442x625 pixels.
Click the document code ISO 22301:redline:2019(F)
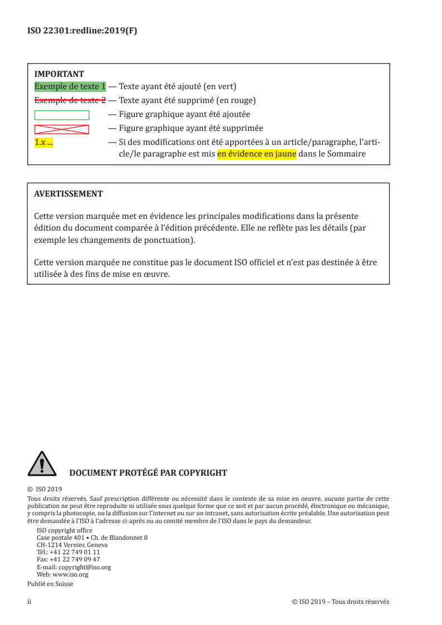click(82, 31)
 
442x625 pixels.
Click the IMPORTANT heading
click(59, 74)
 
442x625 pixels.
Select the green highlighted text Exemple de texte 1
click(70, 87)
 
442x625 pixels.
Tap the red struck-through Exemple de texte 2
click(70, 101)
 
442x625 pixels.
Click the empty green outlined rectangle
click(62, 115)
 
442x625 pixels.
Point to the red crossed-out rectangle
click(62, 129)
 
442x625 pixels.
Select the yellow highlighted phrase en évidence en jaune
click(256, 154)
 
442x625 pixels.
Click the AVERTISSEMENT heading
click(68, 194)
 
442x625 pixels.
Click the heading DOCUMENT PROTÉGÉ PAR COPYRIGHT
click(148, 473)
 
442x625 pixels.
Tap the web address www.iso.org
click(70, 574)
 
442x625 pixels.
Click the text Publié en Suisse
click(50, 584)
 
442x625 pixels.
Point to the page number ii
click(30, 602)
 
